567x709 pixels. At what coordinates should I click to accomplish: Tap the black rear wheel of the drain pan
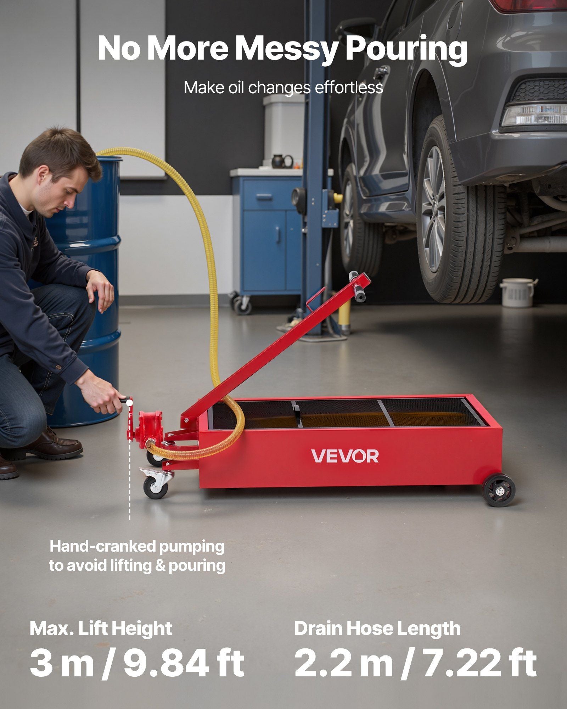499,491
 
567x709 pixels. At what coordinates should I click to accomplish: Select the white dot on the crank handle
129,403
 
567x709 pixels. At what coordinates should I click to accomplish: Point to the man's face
67,193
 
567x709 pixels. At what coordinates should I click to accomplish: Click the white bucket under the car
518,292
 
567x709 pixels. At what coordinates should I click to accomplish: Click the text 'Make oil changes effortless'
283,87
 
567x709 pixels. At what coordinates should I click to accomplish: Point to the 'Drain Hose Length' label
377,628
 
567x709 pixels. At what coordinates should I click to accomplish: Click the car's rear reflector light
533,114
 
